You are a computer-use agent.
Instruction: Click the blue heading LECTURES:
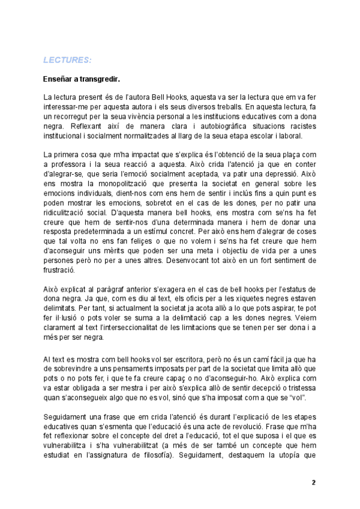(67, 60)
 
